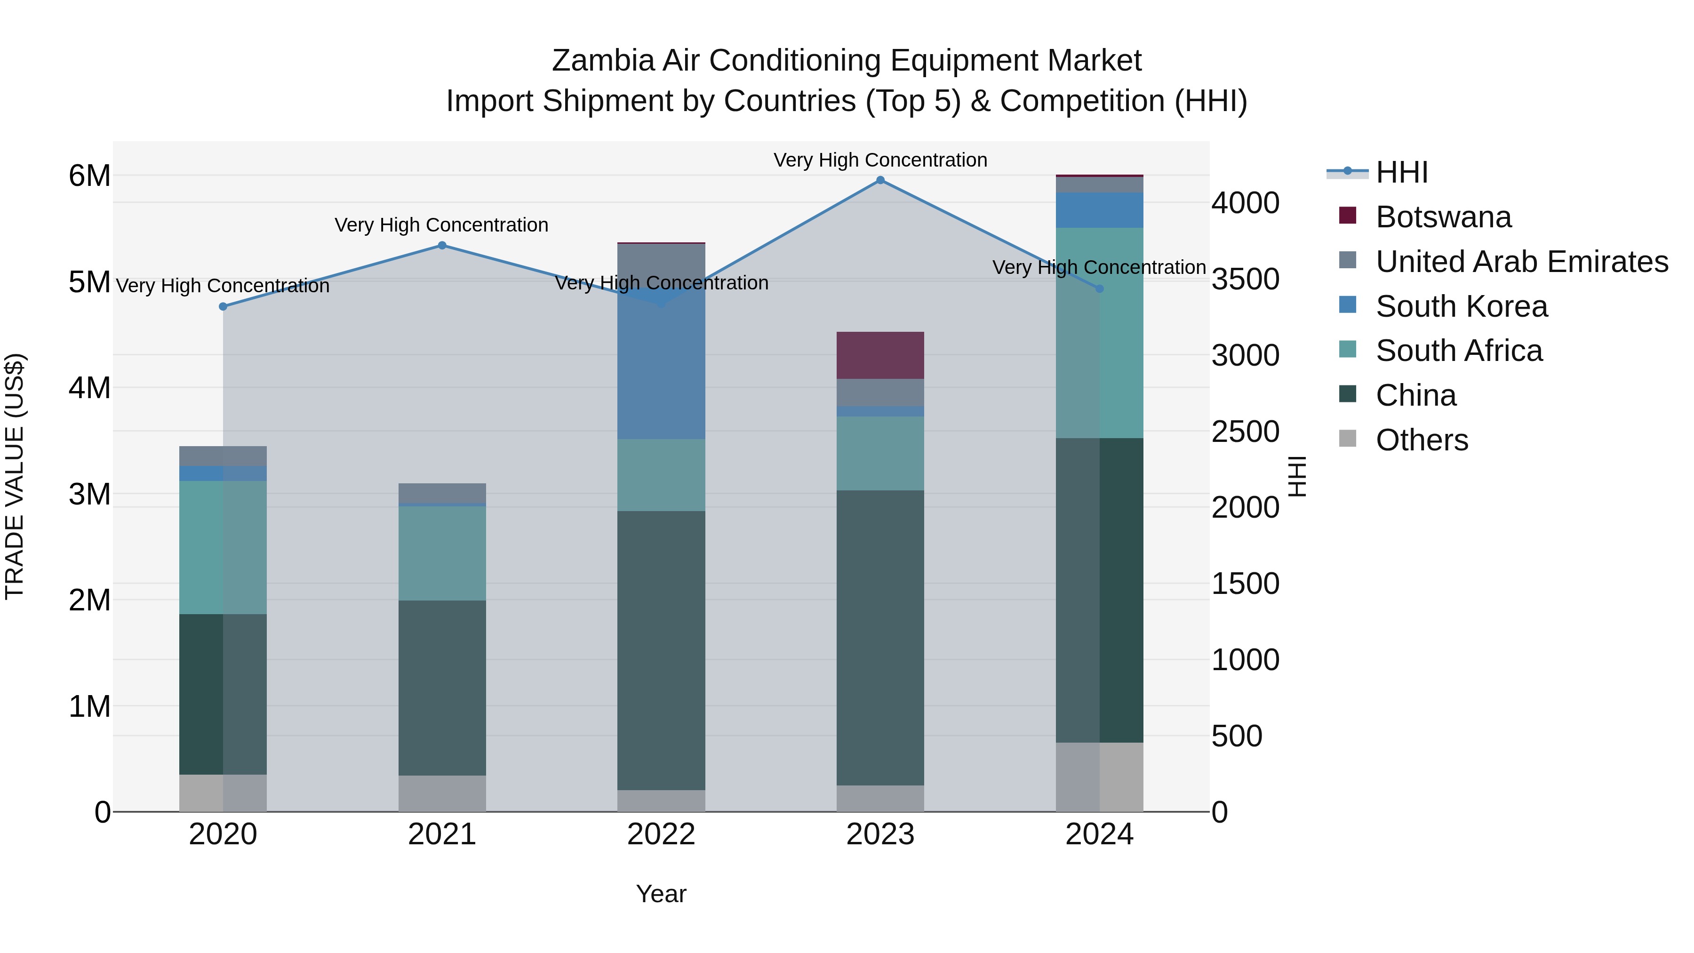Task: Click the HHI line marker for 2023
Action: coord(880,180)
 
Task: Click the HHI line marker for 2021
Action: coord(442,245)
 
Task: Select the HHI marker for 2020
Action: coord(223,306)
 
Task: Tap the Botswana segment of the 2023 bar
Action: coord(880,355)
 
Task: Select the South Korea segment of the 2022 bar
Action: coord(661,368)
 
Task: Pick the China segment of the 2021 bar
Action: coord(442,687)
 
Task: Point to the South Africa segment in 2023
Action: coord(880,453)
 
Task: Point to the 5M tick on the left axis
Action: coord(89,282)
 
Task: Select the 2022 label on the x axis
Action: coord(661,834)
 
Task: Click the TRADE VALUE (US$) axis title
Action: coord(15,476)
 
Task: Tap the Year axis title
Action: coord(661,894)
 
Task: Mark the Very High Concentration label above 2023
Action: coord(880,160)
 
